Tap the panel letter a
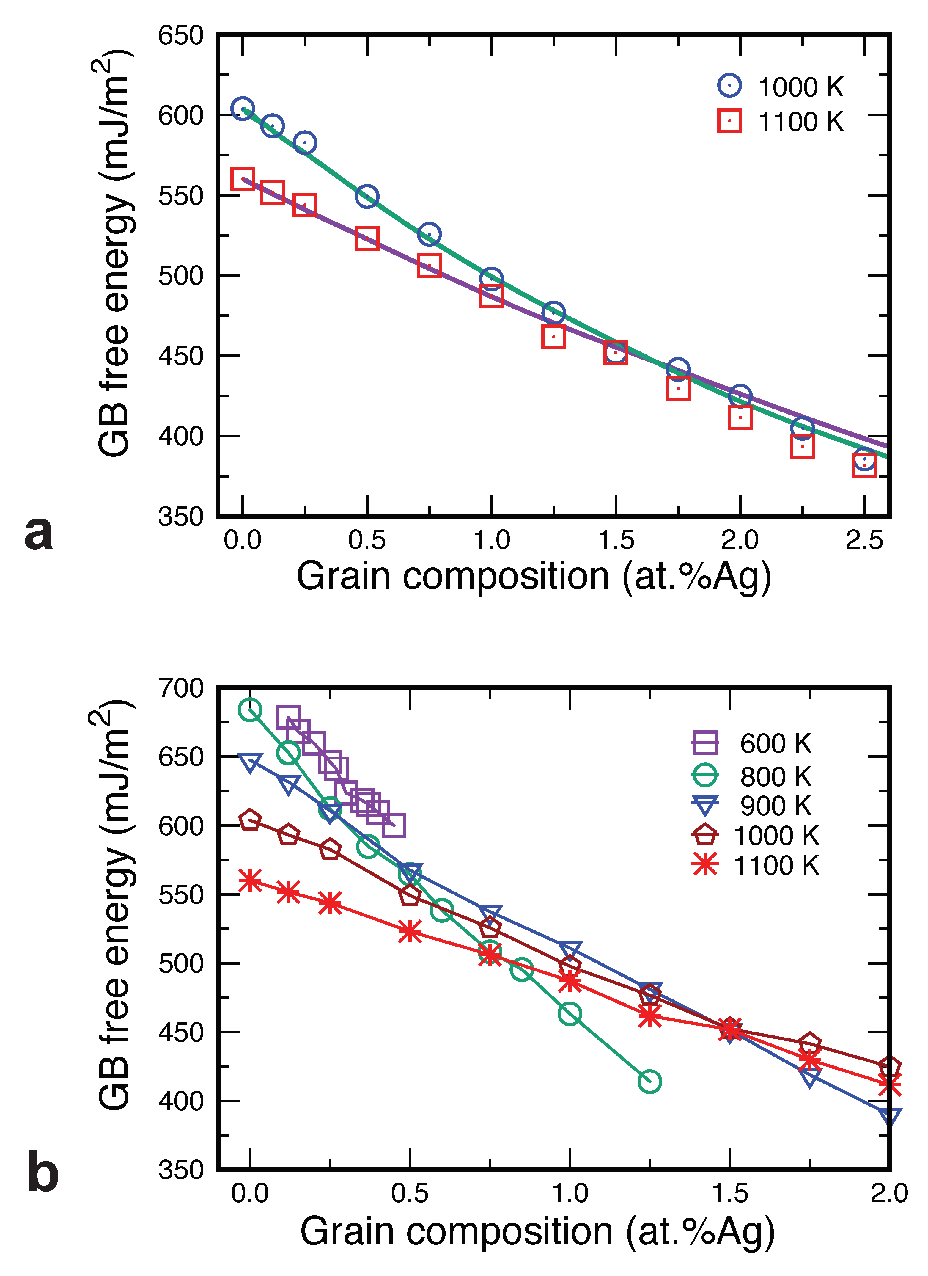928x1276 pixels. [38, 532]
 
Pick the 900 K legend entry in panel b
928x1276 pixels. [705, 806]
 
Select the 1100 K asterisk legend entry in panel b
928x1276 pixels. [705, 865]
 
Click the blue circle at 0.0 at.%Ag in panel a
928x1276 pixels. [243, 109]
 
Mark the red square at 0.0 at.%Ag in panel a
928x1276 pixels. [243, 179]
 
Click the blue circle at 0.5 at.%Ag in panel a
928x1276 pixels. [367, 196]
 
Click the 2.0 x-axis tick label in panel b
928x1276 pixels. [889, 1193]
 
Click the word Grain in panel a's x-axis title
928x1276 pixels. [343, 577]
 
